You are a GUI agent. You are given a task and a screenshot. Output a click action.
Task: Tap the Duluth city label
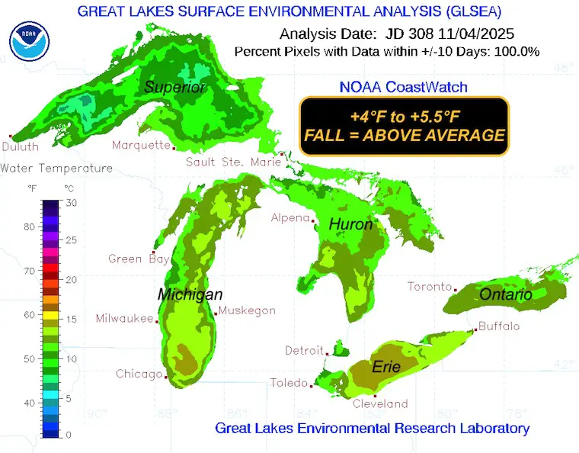click(x=20, y=146)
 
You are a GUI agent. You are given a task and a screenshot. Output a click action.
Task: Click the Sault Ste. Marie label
click(x=233, y=162)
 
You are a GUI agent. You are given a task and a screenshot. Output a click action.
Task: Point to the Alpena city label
click(x=291, y=217)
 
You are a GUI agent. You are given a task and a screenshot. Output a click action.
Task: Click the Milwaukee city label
click(x=124, y=319)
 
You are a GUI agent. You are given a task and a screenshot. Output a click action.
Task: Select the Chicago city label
click(x=139, y=374)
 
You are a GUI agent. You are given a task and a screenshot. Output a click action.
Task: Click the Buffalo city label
click(x=499, y=326)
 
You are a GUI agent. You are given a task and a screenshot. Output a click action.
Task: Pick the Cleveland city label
click(x=380, y=403)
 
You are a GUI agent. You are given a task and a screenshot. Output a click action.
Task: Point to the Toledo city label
click(x=289, y=383)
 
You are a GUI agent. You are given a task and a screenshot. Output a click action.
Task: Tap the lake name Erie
click(x=385, y=367)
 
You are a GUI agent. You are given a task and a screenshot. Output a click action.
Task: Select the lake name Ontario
click(x=506, y=294)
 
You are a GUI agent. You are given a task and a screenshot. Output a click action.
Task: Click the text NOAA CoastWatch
click(x=404, y=88)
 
